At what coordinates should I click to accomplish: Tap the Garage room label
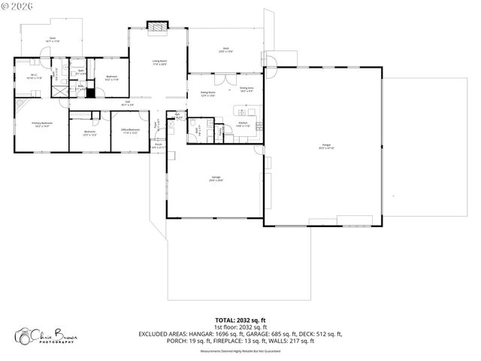pos(216,178)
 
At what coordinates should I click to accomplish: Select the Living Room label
pos(159,62)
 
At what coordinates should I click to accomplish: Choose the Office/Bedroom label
pos(130,130)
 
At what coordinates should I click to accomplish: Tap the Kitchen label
pos(244,124)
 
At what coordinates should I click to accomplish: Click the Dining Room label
pos(208,94)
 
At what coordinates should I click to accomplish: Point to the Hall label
pos(129,103)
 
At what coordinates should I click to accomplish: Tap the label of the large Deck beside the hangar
pos(225,49)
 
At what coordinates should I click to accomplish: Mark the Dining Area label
pos(247,89)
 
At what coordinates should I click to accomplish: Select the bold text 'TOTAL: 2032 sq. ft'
pos(240,320)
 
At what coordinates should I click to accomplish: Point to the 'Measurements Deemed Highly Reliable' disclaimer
pos(240,349)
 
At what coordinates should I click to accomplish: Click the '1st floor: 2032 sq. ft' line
pos(240,327)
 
